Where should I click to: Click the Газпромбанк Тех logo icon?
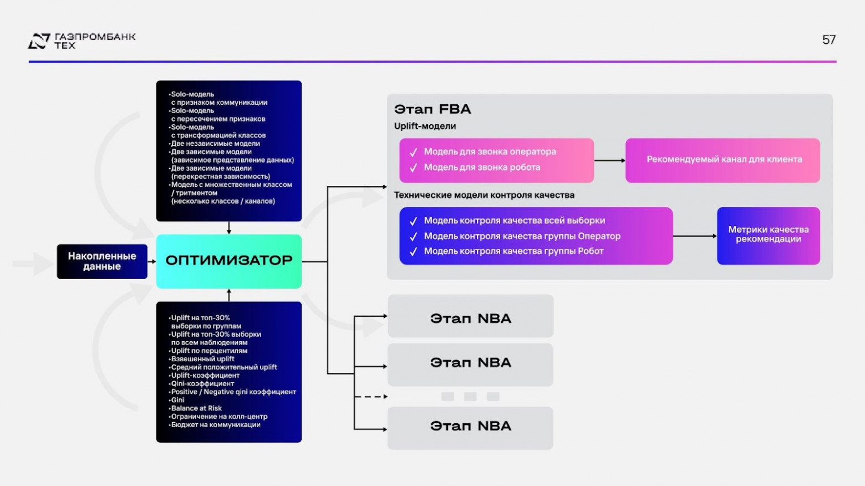pos(39,41)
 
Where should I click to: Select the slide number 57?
pos(828,40)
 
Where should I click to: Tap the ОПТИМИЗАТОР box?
pos(228,261)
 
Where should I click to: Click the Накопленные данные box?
pos(102,261)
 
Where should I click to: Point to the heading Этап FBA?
pos(432,109)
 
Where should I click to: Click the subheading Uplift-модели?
pos(425,126)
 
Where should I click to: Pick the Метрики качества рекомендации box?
pos(768,235)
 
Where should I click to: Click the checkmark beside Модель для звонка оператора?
pos(413,153)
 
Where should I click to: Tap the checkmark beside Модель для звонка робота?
pos(413,168)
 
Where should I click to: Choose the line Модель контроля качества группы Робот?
pos(513,251)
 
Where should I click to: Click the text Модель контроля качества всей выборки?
pos(514,221)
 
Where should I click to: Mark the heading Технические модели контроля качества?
pos(484,195)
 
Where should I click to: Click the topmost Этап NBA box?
pos(470,318)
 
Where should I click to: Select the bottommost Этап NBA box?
pos(470,426)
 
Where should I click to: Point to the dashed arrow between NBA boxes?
pos(370,397)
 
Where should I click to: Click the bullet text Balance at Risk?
pos(196,408)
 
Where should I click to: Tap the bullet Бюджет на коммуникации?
pos(216,425)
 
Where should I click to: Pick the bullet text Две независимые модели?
pos(215,144)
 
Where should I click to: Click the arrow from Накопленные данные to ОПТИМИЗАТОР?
pos(151,261)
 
